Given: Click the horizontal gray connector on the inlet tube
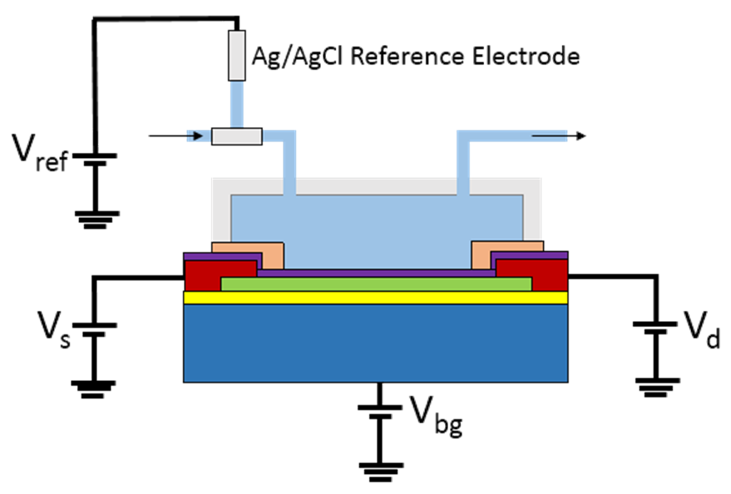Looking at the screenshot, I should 237,136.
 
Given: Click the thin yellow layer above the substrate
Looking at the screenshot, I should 375,298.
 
